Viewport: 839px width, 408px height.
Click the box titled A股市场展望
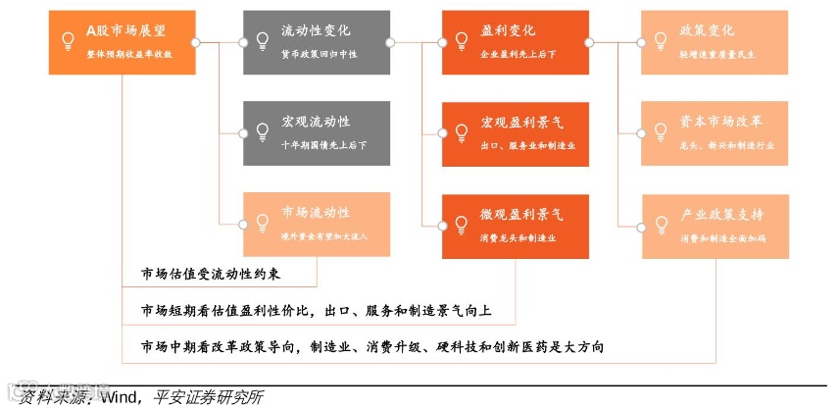[x=121, y=42]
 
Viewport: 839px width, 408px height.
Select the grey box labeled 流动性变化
[x=317, y=42]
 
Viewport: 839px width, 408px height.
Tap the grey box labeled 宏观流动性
[x=317, y=133]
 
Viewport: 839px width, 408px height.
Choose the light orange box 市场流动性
[x=317, y=225]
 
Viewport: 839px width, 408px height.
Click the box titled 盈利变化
[x=515, y=42]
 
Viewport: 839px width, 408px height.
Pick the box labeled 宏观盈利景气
[x=515, y=133]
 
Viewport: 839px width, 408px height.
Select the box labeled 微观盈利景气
[x=515, y=225]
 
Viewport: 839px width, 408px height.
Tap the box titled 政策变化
[x=715, y=42]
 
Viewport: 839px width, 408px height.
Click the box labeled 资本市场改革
[x=715, y=133]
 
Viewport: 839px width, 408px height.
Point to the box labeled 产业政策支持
[x=715, y=225]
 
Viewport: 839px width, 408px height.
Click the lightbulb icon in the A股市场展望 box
[x=68, y=41]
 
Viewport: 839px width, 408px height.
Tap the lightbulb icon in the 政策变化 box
[x=661, y=41]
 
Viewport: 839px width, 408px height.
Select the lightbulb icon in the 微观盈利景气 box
[x=462, y=225]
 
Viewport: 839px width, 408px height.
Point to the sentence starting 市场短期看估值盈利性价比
[x=316, y=311]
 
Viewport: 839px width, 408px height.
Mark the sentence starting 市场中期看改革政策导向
[x=371, y=347]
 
